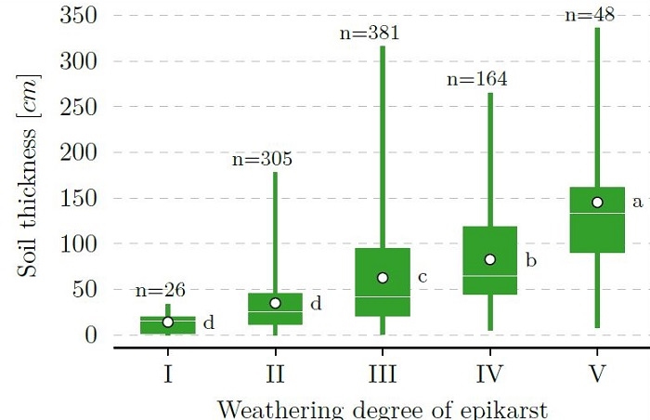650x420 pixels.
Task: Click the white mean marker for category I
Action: coord(168,322)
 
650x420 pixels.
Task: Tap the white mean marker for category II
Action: coord(275,303)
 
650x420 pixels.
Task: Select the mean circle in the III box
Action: coord(383,278)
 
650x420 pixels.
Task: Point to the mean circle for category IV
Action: coord(490,259)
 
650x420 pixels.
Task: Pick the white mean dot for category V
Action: coord(597,203)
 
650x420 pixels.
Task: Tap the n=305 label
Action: coord(262,160)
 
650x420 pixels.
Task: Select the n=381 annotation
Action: coord(370,33)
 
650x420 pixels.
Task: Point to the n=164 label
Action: coord(477,79)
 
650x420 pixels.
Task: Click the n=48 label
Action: coord(591,15)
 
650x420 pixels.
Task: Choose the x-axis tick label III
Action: coord(383,374)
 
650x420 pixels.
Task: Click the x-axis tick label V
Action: coord(597,374)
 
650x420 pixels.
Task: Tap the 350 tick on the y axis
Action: coord(79,16)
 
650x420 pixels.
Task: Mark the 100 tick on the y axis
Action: coord(79,243)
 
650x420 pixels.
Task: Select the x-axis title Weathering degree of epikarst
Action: coord(383,409)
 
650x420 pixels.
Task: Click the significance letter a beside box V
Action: coord(637,202)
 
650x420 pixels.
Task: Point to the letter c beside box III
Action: coord(422,277)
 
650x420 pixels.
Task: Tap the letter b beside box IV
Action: coord(530,259)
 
